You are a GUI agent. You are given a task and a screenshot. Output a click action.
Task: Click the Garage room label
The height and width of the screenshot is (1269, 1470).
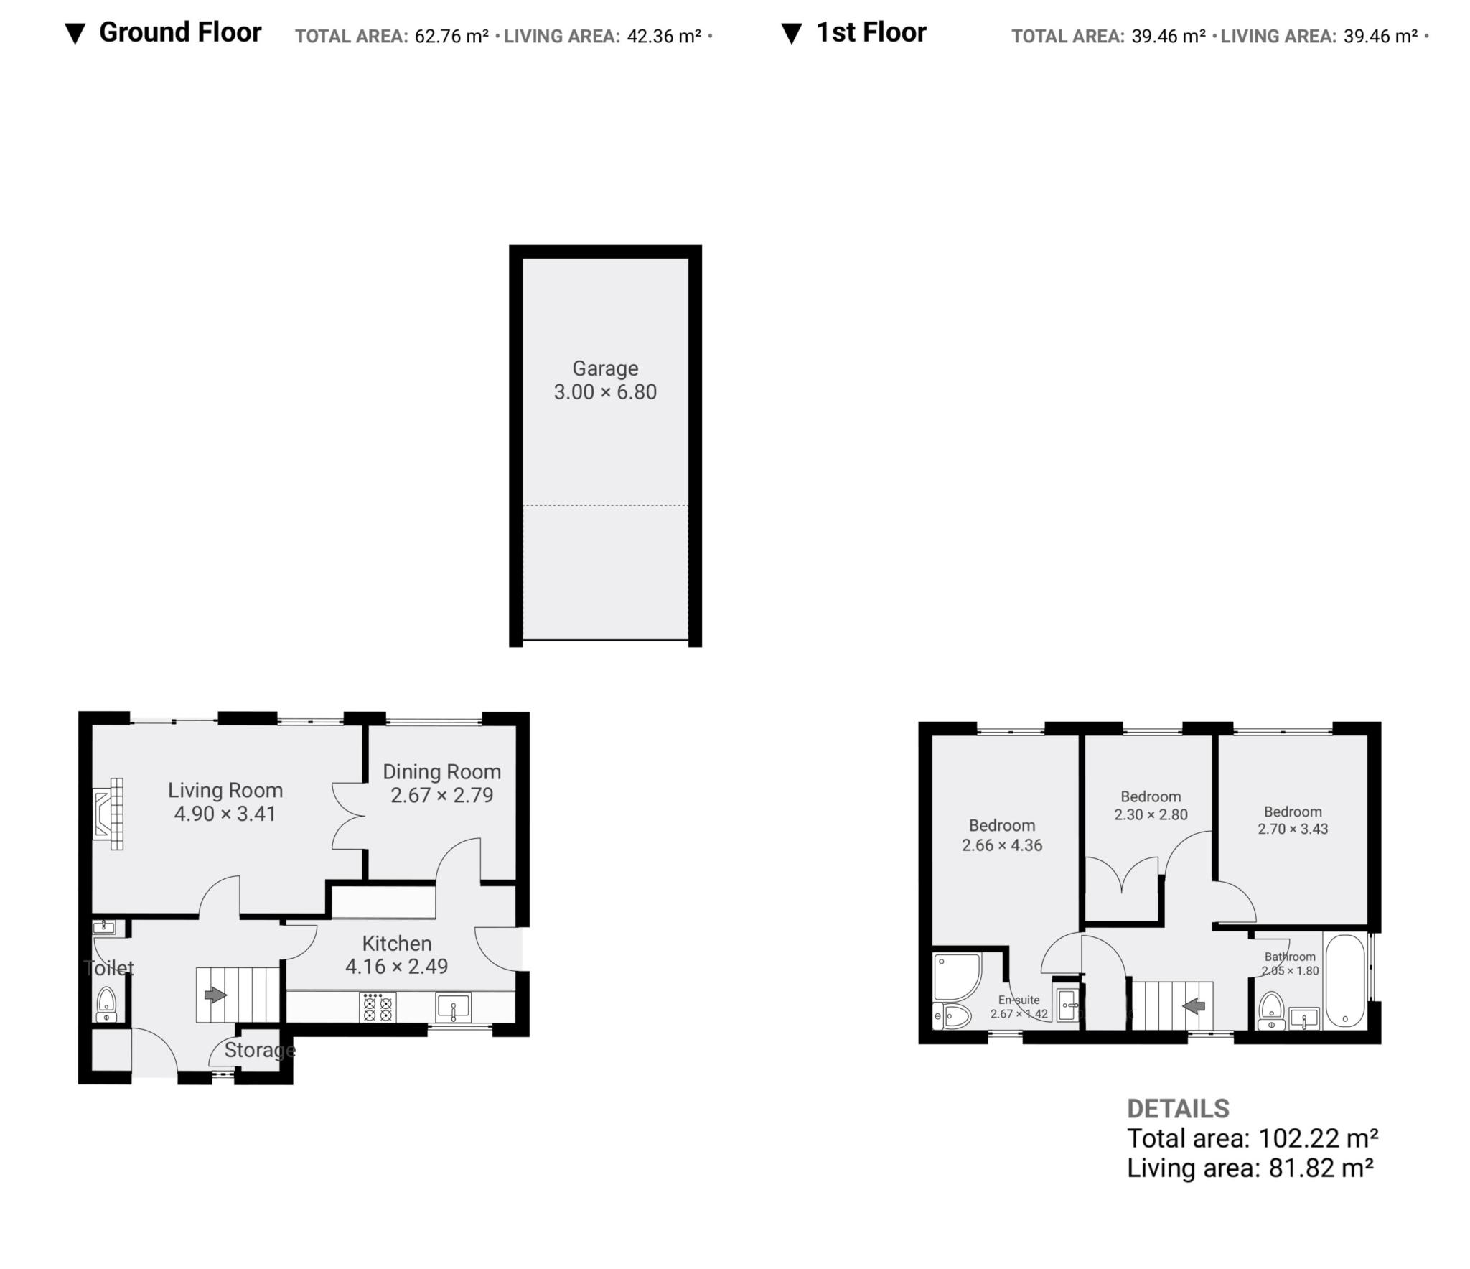coord(604,368)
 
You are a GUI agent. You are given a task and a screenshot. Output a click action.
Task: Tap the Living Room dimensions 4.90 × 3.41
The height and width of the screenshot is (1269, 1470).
coord(225,814)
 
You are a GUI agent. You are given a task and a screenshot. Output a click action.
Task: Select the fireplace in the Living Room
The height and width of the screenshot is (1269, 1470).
coord(109,813)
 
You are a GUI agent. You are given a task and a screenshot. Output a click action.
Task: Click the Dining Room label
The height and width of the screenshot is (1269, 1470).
coord(441,772)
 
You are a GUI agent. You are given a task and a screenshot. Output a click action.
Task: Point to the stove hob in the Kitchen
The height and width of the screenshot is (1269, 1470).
coord(378,1007)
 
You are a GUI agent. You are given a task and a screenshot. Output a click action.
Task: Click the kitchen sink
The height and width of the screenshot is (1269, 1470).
coord(453,1007)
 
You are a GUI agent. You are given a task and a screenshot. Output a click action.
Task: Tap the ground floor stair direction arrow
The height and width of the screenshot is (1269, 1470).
coord(215,995)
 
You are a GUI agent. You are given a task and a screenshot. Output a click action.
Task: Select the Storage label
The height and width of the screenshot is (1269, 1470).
coord(259,1050)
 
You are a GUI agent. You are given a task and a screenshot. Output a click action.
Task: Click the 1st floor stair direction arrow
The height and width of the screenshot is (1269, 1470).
coord(1194,1006)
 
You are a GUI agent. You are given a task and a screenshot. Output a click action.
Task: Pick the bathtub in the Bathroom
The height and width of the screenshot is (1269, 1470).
coord(1344,980)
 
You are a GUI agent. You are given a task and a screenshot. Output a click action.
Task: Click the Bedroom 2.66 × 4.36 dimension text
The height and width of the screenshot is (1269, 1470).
coord(1002,845)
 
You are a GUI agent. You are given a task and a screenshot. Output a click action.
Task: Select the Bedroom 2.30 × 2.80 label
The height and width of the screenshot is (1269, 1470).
coord(1151,796)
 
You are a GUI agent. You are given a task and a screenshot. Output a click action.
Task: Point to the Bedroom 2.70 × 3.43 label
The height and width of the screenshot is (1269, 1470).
coord(1293,812)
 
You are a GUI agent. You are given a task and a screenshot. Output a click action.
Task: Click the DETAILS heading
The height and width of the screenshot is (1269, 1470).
coord(1178,1108)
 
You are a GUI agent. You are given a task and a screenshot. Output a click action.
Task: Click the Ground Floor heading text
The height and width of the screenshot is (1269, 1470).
coord(179,32)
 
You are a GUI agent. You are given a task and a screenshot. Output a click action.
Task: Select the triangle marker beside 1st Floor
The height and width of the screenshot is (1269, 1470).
coord(791,34)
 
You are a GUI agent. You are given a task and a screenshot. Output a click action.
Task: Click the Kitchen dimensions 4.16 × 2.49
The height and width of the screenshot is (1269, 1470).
coord(396,967)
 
